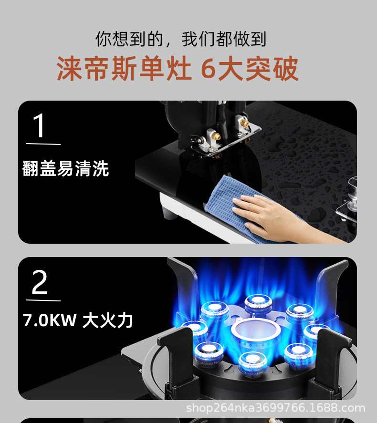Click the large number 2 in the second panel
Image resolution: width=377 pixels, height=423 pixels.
[40, 282]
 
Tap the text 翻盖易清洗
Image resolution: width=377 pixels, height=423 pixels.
[65, 169]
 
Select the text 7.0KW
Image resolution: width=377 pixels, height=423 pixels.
[50, 320]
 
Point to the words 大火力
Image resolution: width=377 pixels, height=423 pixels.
[107, 320]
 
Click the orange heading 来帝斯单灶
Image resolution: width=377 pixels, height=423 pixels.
[124, 68]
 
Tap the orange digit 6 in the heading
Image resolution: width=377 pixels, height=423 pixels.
[209, 69]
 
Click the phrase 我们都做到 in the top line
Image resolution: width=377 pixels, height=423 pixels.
[224, 39]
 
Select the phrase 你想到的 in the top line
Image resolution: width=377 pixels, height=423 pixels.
[129, 39]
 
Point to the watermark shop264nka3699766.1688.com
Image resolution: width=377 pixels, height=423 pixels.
[275, 408]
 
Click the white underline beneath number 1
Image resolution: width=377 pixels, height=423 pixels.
[43, 144]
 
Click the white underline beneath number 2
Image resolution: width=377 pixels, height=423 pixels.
[43, 300]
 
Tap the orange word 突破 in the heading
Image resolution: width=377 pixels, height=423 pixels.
[272, 69]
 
